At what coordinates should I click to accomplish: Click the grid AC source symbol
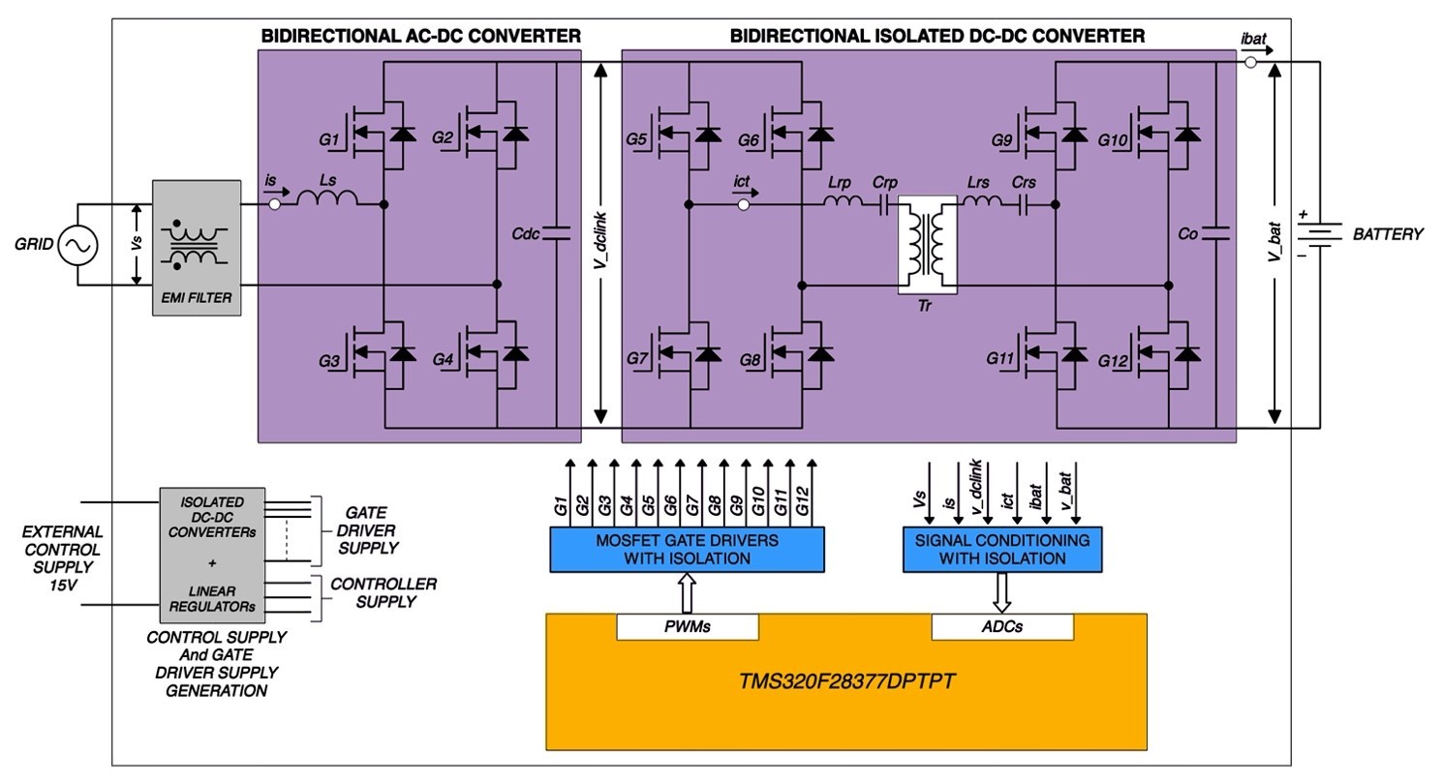coord(77,246)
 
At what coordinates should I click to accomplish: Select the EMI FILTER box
coord(197,247)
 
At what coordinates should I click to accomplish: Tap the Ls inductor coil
coord(327,199)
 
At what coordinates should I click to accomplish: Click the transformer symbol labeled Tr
coord(929,246)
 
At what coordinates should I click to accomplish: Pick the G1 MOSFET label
coord(329,140)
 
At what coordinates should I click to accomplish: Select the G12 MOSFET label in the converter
coord(1114,360)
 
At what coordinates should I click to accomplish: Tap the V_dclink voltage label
coord(600,241)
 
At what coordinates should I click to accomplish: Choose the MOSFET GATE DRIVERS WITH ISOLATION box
coord(688,549)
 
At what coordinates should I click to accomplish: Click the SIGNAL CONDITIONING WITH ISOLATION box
coord(1002,549)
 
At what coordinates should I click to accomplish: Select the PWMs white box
coord(688,626)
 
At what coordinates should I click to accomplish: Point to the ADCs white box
coord(1002,626)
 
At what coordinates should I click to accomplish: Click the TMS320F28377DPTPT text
coord(847,681)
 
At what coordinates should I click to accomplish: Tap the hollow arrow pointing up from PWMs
coord(688,591)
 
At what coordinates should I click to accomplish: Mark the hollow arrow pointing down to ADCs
coord(1002,591)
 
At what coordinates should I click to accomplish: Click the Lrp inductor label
coord(839,183)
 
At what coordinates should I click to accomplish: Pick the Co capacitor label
coord(1188,233)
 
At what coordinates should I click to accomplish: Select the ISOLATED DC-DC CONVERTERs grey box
coord(212,555)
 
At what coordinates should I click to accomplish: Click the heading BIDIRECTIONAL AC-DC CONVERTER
coord(420,36)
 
